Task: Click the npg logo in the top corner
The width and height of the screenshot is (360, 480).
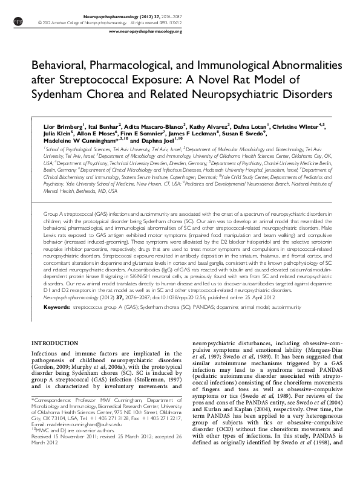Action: [17, 21]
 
